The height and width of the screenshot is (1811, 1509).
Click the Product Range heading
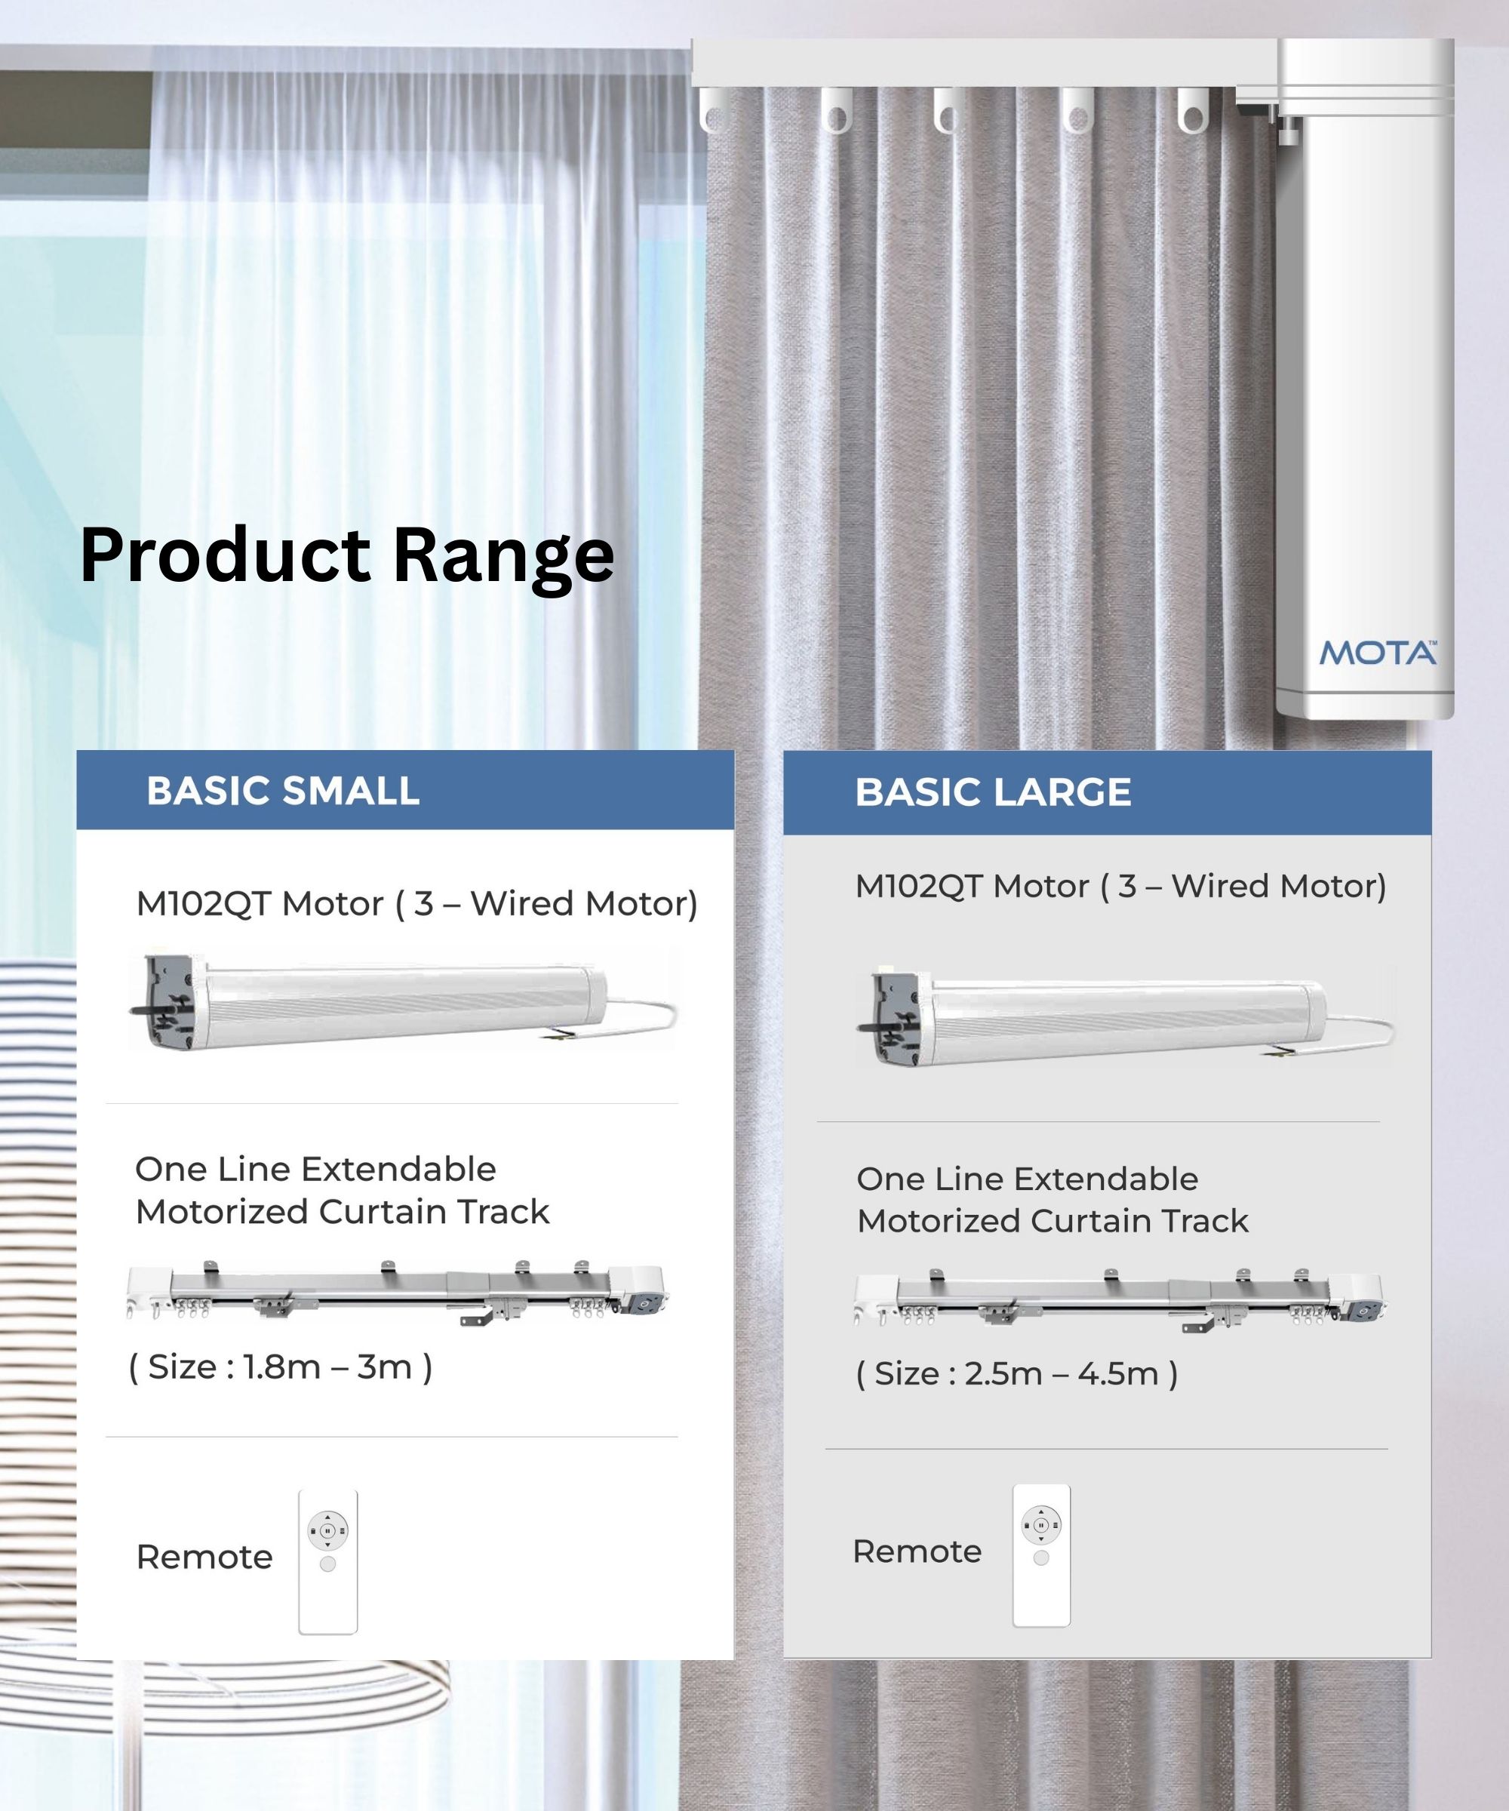pos(346,557)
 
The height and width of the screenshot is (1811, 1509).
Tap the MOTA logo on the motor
pos(1377,653)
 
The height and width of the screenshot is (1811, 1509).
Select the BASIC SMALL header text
pos(283,791)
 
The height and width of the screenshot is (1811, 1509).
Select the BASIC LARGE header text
pos(992,792)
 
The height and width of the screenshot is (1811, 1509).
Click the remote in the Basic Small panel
pos(327,1562)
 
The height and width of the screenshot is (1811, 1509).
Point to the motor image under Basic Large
pos(1125,1015)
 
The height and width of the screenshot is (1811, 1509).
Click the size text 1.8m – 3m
pos(280,1367)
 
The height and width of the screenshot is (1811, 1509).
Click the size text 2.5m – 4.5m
pos(1016,1374)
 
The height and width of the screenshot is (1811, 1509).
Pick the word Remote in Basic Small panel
pos(204,1557)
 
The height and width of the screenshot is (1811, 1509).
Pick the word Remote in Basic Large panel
pos(917,1551)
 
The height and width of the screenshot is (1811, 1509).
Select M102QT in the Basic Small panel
pos(204,904)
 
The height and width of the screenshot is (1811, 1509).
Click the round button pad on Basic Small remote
pos(327,1531)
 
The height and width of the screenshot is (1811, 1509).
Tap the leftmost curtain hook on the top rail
pos(714,110)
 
